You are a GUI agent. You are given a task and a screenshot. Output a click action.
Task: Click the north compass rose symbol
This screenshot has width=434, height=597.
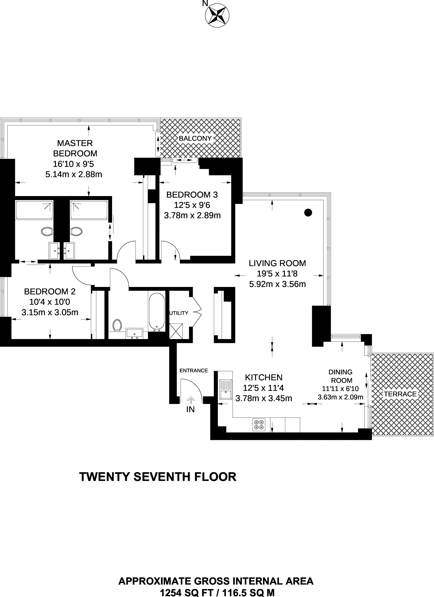pyautogui.click(x=217, y=15)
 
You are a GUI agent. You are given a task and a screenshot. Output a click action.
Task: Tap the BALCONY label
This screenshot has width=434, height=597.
pyautogui.click(x=195, y=138)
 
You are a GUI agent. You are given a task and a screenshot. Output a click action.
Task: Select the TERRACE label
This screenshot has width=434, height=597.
pyautogui.click(x=400, y=394)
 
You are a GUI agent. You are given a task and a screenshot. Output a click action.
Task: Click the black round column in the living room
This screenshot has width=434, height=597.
pyautogui.click(x=308, y=212)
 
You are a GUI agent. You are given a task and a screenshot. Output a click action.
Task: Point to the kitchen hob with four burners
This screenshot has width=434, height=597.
pyautogui.click(x=259, y=425)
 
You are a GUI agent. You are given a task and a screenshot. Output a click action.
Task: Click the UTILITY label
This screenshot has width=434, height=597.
pyautogui.click(x=179, y=313)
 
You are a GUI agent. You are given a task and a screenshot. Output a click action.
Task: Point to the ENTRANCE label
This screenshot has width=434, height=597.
pyautogui.click(x=194, y=371)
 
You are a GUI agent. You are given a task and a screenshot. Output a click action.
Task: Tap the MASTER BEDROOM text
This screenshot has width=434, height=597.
pyautogui.click(x=75, y=148)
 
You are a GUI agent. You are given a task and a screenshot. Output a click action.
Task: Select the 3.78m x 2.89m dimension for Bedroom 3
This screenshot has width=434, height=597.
pyautogui.click(x=192, y=216)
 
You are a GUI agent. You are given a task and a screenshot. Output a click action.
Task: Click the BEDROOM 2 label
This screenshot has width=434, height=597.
pyautogui.click(x=50, y=291)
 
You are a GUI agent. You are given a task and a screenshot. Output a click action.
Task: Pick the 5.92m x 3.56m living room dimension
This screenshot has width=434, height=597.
pyautogui.click(x=277, y=284)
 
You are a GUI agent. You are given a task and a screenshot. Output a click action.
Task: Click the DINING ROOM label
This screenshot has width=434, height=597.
pyautogui.click(x=341, y=376)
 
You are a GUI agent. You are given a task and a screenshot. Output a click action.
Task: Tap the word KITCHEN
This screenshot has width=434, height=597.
pyautogui.click(x=264, y=377)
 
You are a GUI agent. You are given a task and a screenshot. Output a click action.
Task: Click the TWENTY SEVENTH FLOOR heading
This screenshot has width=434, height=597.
pyautogui.click(x=158, y=477)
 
